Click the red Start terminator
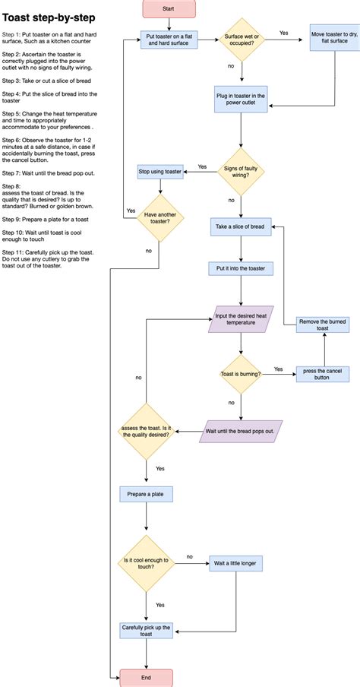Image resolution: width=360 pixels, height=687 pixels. point(169,8)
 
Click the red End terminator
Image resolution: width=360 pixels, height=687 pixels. point(147,677)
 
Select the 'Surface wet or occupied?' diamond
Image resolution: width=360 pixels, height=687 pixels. point(241,40)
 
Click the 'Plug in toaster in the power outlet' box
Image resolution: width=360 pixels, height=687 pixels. point(241,100)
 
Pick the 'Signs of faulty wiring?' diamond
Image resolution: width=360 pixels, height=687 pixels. point(241,172)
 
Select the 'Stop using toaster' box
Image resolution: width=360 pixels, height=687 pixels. point(159,172)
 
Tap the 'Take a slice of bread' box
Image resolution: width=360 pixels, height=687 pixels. point(241,227)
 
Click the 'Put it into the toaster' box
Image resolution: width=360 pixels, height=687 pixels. point(241,268)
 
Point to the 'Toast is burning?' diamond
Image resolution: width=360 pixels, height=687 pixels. point(241,374)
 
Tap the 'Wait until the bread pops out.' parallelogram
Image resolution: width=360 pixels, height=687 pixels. point(241,431)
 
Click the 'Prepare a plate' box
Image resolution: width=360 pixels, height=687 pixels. point(147,494)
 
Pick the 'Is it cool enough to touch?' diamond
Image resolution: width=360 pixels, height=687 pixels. point(147,564)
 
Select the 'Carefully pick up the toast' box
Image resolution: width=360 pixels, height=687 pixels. point(147,630)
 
